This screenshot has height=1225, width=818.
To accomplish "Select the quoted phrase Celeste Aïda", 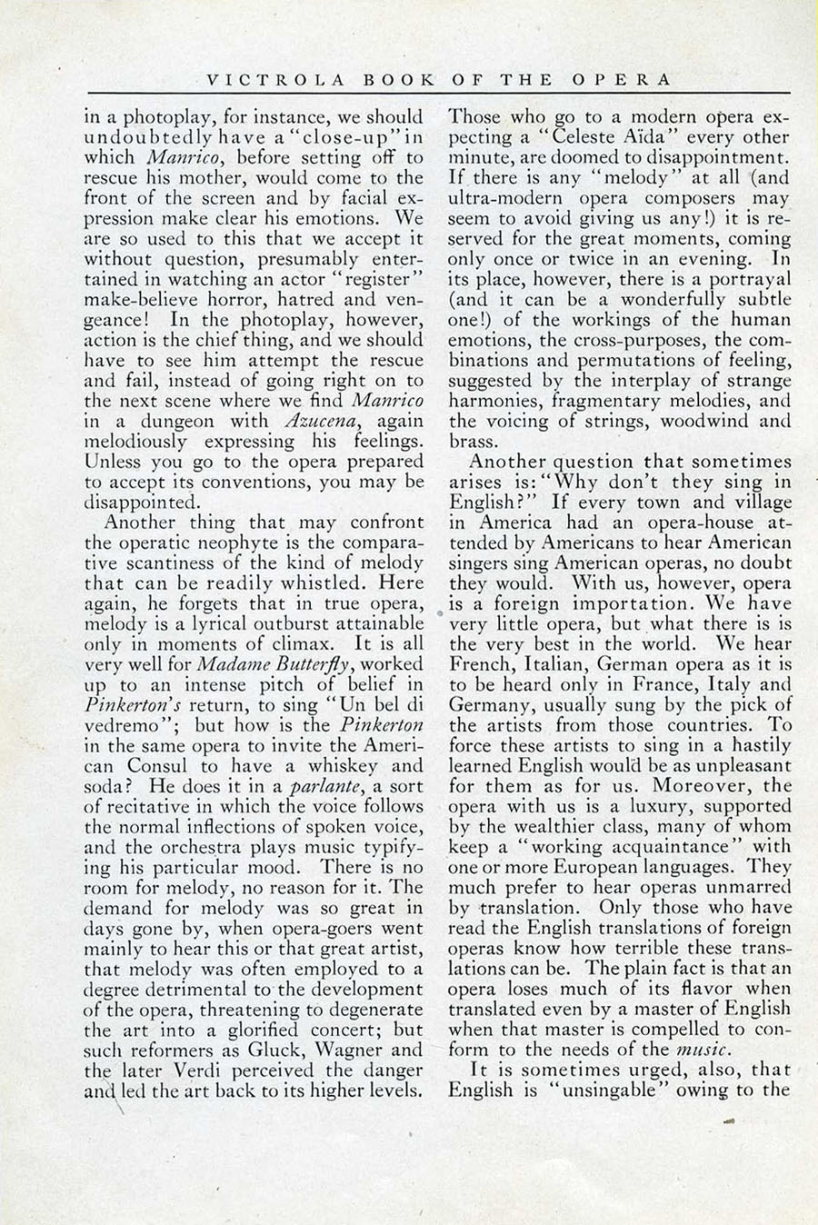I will (584, 137).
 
